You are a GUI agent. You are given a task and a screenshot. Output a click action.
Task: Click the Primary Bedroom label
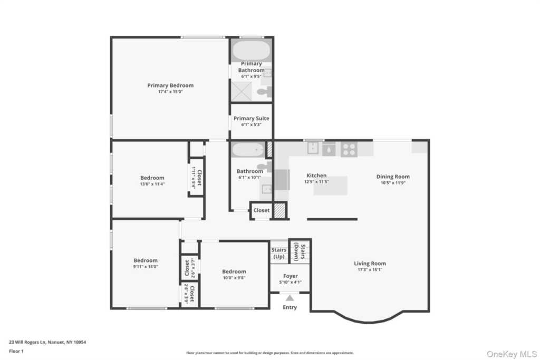point(170,85)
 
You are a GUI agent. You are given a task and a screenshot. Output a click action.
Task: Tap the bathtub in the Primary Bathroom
point(251,51)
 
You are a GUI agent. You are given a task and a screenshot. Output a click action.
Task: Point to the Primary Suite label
point(251,119)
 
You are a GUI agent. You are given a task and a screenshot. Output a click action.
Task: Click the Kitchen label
point(316,176)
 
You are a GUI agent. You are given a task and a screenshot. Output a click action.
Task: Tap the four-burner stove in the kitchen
point(349,149)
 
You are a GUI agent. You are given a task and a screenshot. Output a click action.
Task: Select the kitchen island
point(331,186)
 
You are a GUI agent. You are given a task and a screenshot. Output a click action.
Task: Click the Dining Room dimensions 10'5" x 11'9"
point(392,183)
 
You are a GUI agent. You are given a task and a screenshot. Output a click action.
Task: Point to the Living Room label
point(370,264)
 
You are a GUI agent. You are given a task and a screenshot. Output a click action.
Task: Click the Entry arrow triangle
point(290,298)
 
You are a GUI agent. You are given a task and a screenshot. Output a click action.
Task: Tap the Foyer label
point(290,276)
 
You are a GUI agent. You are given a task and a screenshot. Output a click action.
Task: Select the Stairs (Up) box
point(278,253)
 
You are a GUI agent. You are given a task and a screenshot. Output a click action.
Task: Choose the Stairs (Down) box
point(300,251)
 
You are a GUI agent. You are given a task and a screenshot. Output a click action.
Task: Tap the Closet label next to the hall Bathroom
point(261,210)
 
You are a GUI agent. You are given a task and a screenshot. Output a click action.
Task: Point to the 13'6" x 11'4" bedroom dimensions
point(152,184)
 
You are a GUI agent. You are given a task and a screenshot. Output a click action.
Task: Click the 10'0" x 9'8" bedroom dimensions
point(234,278)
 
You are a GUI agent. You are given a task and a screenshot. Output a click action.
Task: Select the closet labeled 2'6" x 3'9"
point(189,294)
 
